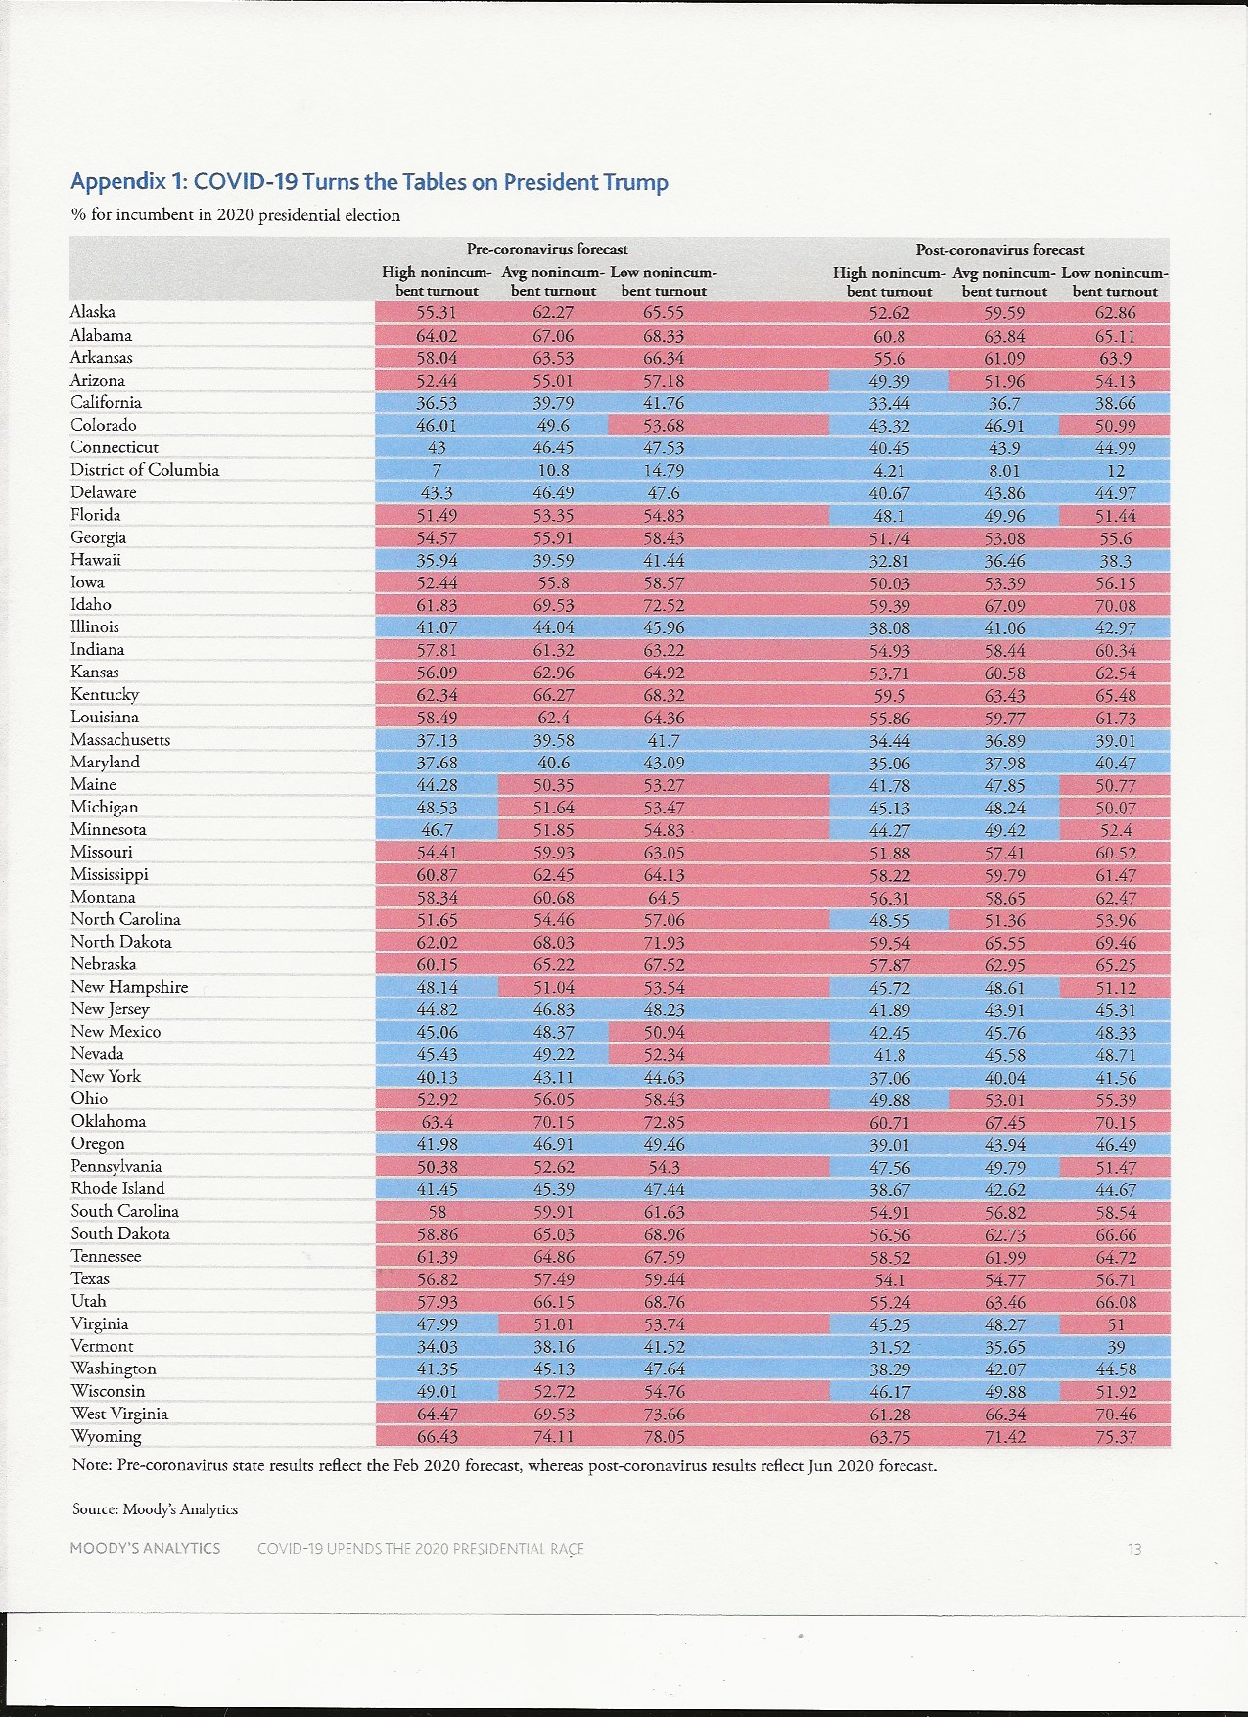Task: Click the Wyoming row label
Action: pyautogui.click(x=106, y=1437)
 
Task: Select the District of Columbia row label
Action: pyautogui.click(x=145, y=470)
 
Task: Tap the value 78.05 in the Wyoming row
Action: pyautogui.click(x=664, y=1437)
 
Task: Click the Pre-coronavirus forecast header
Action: pyautogui.click(x=547, y=249)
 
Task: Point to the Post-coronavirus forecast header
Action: pyautogui.click(x=999, y=250)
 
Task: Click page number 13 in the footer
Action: pyautogui.click(x=1134, y=1549)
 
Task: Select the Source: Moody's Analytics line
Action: pyautogui.click(x=155, y=1509)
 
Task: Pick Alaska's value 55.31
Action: pyautogui.click(x=437, y=313)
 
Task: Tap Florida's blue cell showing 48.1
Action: pyautogui.click(x=888, y=516)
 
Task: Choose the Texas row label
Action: pyautogui.click(x=90, y=1278)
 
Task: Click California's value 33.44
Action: pyautogui.click(x=888, y=403)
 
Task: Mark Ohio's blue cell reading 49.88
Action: pyautogui.click(x=888, y=1099)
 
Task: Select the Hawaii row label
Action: pyautogui.click(x=96, y=560)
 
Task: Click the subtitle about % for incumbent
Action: pyautogui.click(x=236, y=215)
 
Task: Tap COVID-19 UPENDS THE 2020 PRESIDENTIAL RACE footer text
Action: pyautogui.click(x=421, y=1549)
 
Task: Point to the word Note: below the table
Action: pyautogui.click(x=92, y=1466)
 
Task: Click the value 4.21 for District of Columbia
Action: pyautogui.click(x=888, y=471)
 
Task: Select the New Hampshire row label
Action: pyautogui.click(x=129, y=987)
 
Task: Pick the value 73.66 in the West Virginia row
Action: pyautogui.click(x=664, y=1415)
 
